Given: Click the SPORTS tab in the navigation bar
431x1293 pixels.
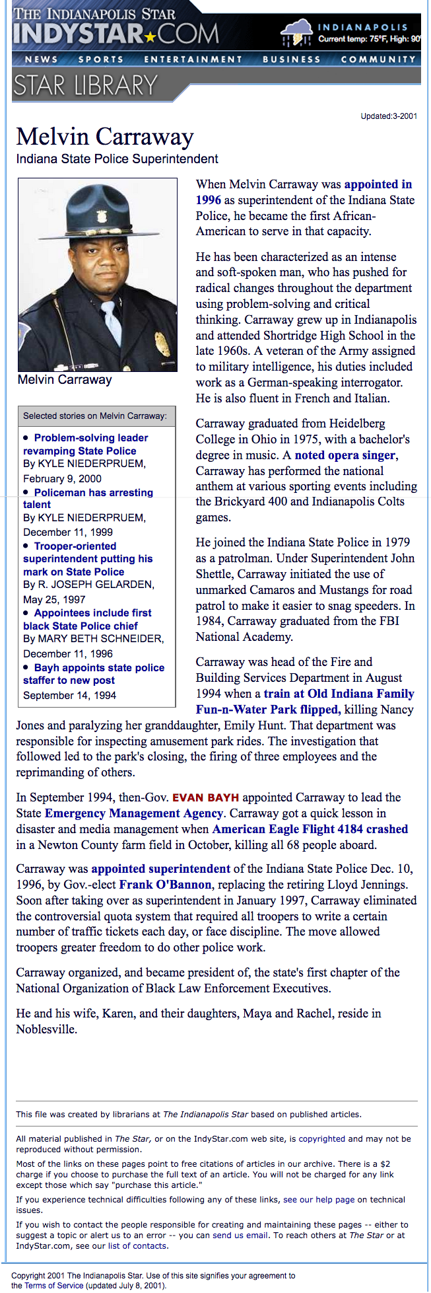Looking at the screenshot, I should (x=101, y=59).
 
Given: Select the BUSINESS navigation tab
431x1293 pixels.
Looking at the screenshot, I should (x=291, y=59).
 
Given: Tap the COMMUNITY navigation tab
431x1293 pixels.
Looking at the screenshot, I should (x=378, y=59).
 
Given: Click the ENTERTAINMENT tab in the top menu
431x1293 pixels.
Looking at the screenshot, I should (x=193, y=59).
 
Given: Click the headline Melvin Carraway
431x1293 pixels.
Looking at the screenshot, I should (x=105, y=137).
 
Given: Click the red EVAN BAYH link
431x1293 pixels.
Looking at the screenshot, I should (x=205, y=797).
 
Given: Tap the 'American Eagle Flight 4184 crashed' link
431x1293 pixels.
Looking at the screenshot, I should (x=310, y=829).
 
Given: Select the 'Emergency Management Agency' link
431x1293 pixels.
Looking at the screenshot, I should (x=134, y=813).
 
